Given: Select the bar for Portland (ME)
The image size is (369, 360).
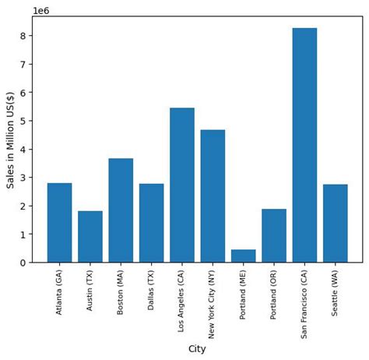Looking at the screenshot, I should pos(243,256).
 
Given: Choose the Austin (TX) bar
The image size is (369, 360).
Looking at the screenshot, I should pos(90,237).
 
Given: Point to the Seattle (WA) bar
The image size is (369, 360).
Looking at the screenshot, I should pos(336,224).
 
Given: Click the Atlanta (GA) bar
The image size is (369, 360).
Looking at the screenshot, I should pos(59,223).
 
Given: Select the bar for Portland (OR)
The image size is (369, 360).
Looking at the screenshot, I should pos(274,236).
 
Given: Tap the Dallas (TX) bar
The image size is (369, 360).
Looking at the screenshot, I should pos(151,224).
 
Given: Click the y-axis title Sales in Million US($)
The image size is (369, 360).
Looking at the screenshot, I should pos(11,139).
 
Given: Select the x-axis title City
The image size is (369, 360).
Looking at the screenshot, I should pos(197,349).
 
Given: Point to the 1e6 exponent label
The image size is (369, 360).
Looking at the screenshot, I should pos(41,10).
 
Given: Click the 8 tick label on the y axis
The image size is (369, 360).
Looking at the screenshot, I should pos(24,36).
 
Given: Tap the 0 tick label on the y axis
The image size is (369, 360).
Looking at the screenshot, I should pos(24,263).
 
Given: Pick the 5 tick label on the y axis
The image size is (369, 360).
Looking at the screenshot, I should pos(24,121).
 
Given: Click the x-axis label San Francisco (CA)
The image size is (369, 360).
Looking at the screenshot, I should pos(304,303).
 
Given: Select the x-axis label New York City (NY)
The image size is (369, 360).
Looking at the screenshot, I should pos(213,304).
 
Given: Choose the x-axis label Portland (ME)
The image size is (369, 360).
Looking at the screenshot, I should pos(243,293).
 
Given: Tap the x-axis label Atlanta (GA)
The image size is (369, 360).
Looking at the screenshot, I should pos(59,292).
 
